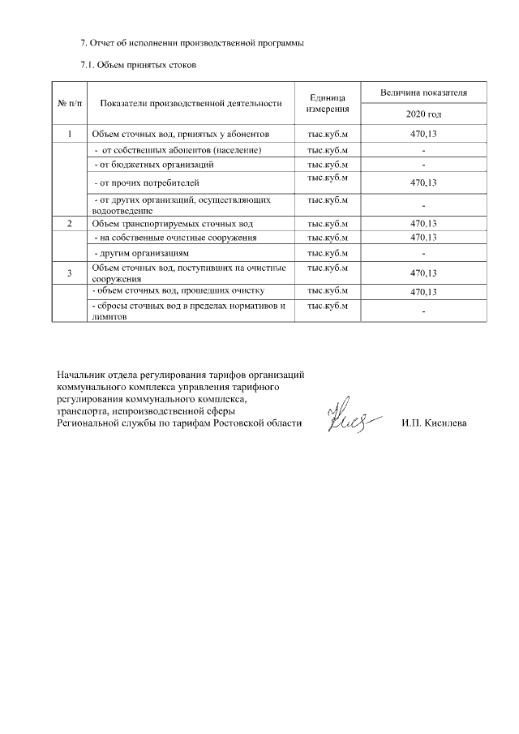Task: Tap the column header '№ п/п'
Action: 70,104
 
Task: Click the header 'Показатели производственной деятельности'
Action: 191,104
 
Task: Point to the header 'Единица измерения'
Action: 328,103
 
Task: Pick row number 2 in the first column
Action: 70,223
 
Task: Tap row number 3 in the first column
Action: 70,273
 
